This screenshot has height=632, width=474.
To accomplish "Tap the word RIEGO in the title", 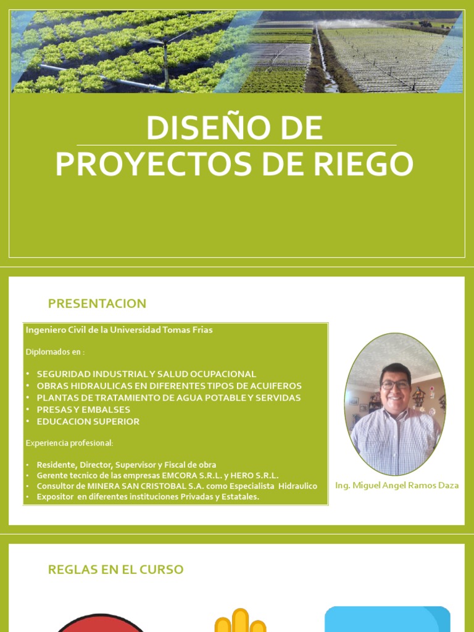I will tap(365, 164).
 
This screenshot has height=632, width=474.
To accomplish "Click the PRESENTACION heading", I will tap(97, 304).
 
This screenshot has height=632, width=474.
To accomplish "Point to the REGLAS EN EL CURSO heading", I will tap(115, 570).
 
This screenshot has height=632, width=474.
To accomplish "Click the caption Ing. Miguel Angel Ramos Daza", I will tap(397, 485).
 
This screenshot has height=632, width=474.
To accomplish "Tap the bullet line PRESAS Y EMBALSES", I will tap(83, 410).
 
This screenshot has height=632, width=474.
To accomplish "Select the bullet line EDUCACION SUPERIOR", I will tap(88, 422).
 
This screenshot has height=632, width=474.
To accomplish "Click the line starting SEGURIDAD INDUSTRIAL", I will tap(146, 374).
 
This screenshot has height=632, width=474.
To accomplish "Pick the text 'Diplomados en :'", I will tap(55, 352).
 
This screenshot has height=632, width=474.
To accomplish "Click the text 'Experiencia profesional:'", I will tap(69, 443).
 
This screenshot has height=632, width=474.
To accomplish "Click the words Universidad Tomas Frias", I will tap(161, 330).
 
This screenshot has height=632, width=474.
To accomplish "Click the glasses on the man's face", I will tap(395, 385).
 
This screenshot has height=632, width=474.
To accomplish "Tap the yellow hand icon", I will tap(240, 621).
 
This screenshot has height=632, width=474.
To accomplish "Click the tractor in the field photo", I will tap(425, 24).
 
